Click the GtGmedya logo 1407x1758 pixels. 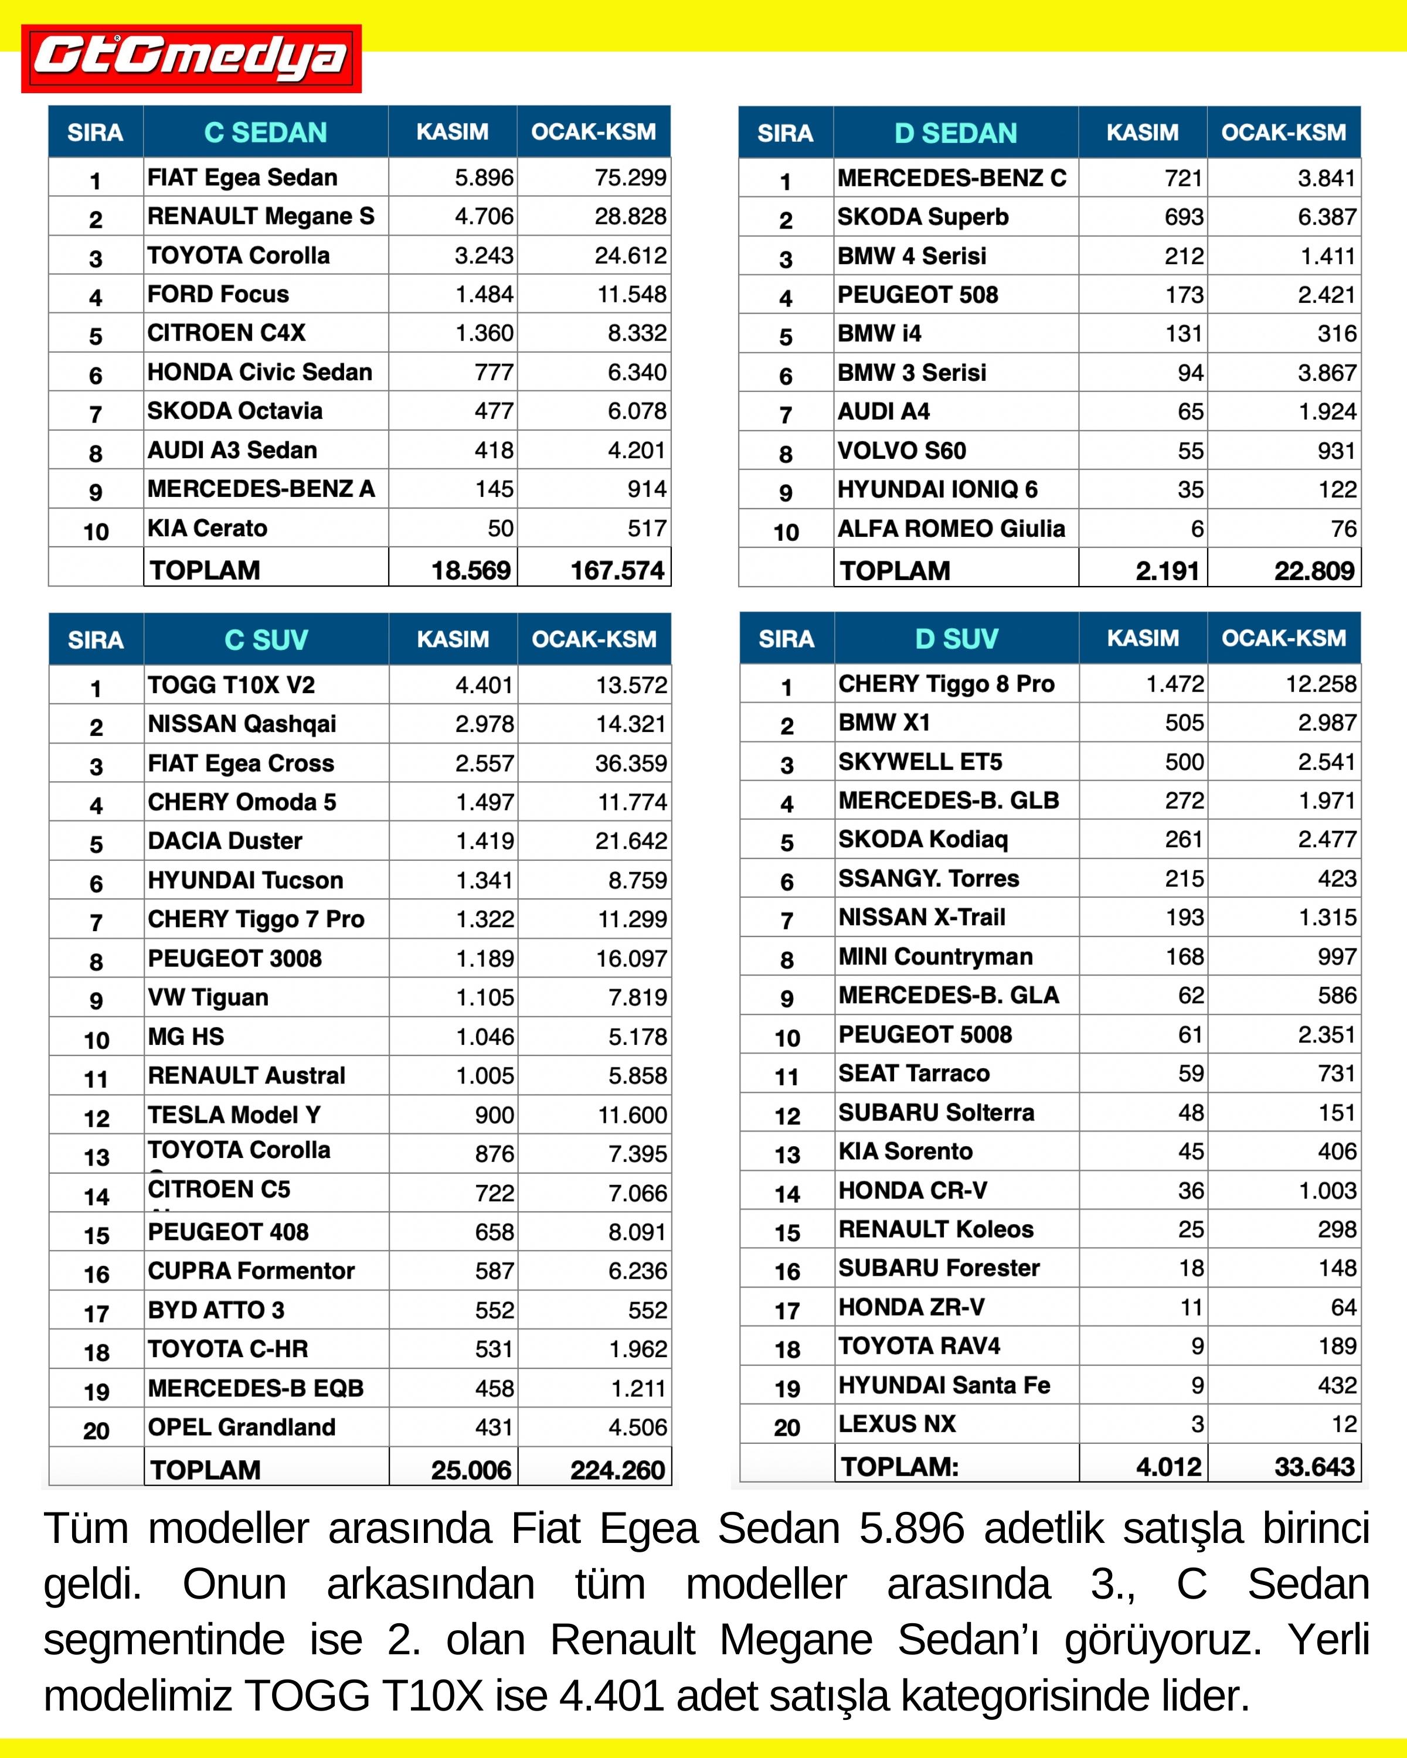(191, 58)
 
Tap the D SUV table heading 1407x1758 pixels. (956, 639)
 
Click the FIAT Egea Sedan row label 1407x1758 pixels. (242, 177)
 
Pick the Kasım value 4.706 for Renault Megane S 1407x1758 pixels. (484, 216)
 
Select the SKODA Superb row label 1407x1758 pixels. (923, 217)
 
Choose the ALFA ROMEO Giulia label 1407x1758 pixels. (951, 529)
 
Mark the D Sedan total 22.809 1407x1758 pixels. (1313, 571)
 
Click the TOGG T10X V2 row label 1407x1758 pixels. (231, 685)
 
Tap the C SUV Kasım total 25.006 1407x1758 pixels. (471, 1470)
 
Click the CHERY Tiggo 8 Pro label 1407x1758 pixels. (946, 683)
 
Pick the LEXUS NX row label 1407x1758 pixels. (896, 1423)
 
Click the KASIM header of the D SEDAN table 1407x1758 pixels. (1142, 132)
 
